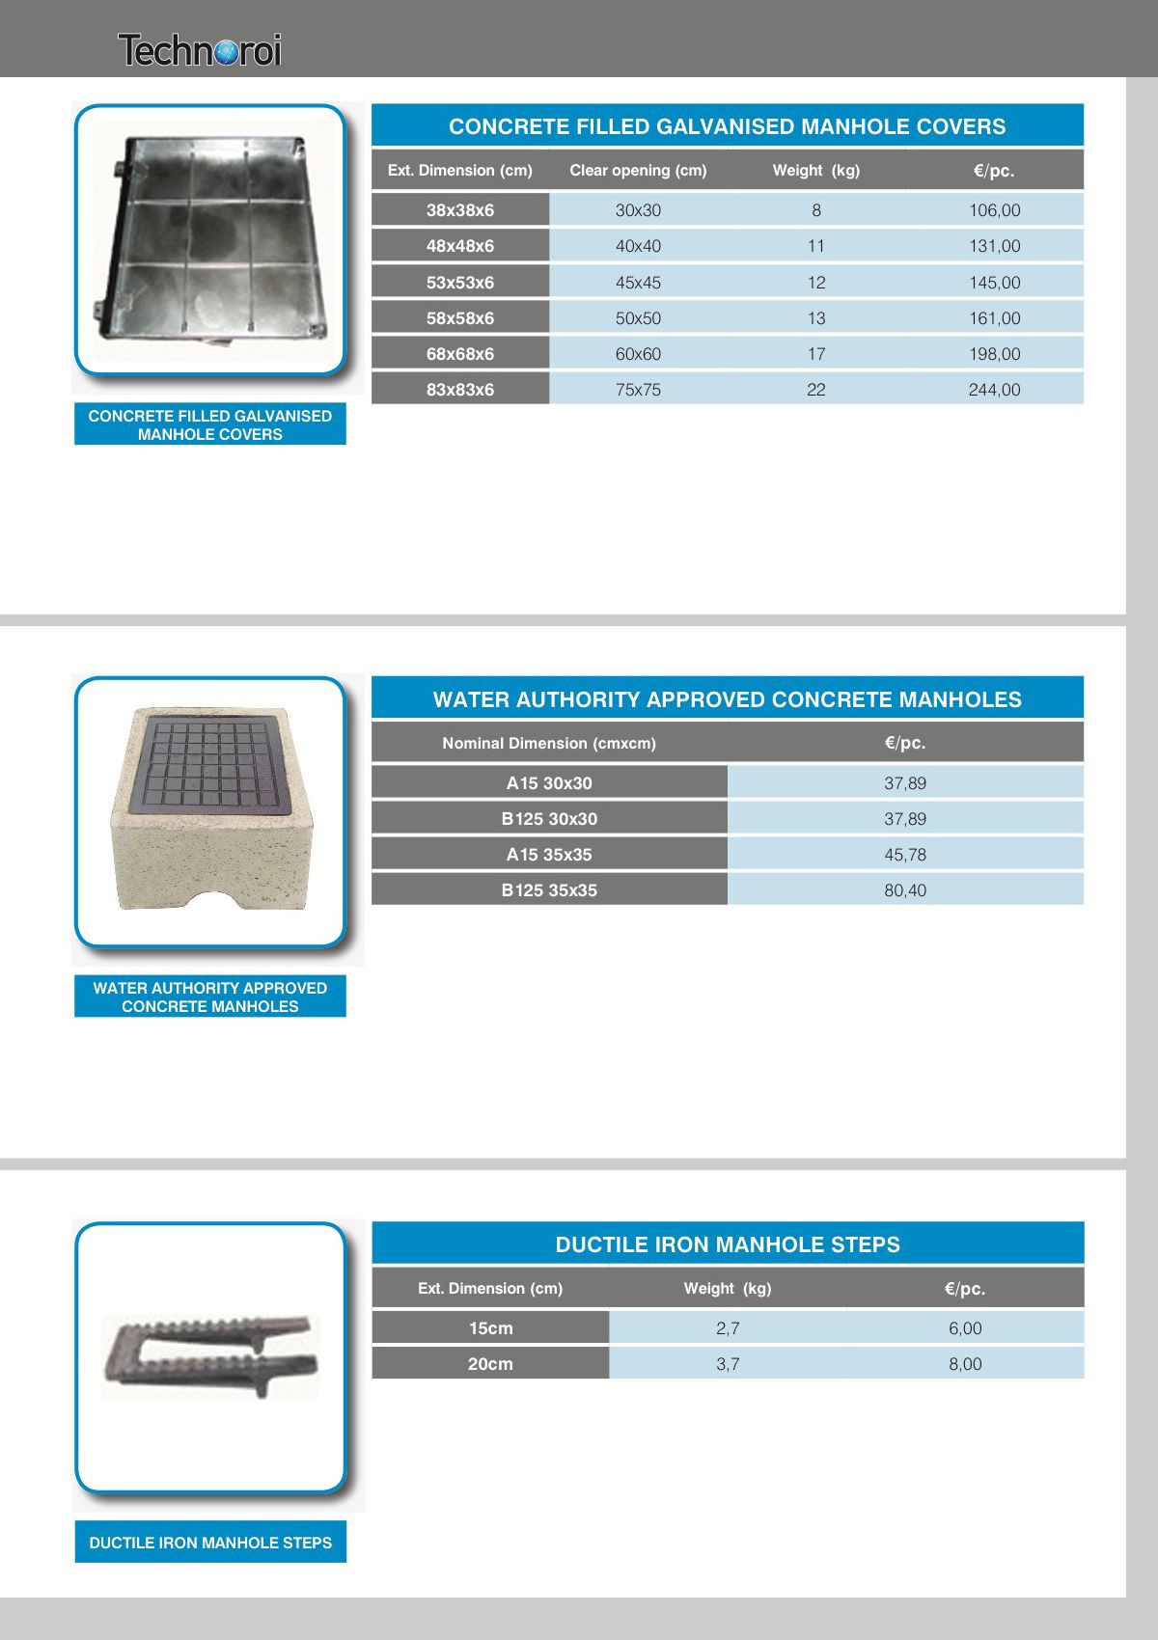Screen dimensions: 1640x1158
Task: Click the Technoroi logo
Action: point(200,50)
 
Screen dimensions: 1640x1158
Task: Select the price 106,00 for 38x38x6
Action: point(994,210)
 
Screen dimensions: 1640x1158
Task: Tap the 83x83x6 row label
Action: point(460,390)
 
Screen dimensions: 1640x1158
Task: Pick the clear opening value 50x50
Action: point(638,318)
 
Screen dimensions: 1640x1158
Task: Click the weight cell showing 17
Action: point(816,354)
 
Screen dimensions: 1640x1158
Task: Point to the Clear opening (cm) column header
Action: point(638,171)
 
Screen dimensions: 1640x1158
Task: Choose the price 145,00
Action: point(994,283)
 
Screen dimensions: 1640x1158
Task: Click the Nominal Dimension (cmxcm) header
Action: point(549,743)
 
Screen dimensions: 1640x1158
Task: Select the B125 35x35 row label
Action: point(549,890)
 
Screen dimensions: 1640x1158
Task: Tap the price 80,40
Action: point(905,890)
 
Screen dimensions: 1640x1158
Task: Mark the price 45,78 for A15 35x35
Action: point(905,855)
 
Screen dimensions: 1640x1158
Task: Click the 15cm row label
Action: point(490,1328)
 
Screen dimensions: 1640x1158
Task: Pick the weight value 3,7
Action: point(728,1364)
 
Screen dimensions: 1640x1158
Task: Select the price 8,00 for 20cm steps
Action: point(965,1364)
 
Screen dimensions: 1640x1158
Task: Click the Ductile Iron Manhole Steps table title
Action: point(728,1244)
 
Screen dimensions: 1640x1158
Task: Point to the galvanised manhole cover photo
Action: point(210,241)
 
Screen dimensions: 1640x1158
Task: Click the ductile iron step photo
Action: point(210,1355)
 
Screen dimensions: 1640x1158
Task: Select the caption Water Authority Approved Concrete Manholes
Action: point(210,998)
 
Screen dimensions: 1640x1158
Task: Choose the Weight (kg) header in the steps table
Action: point(728,1289)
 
